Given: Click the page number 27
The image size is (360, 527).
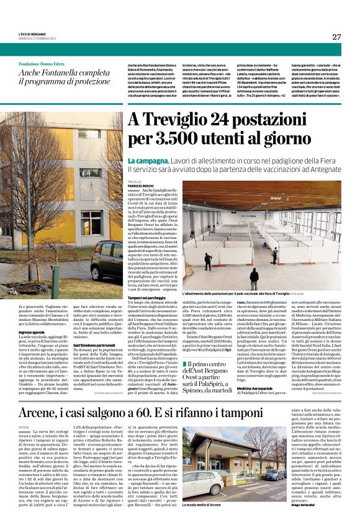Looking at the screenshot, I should (x=336, y=37).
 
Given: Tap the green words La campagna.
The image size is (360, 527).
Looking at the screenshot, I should (x=147, y=160).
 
